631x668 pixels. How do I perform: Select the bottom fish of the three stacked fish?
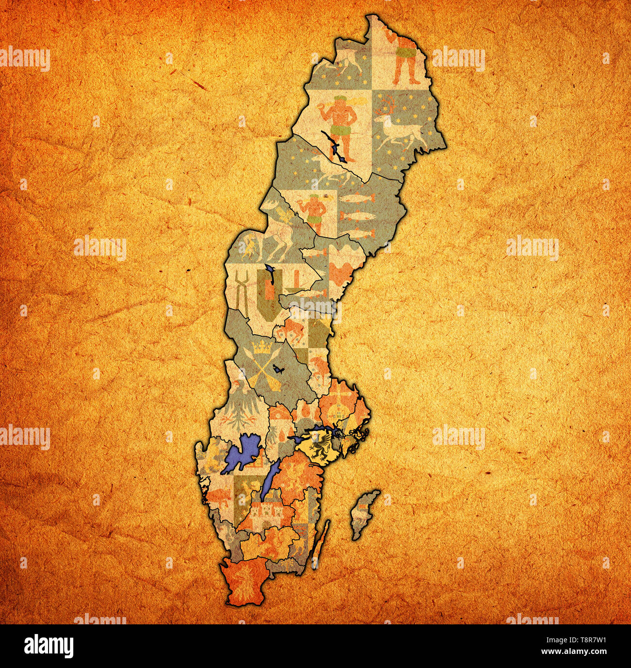[362, 233]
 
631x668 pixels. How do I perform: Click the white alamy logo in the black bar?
[49, 646]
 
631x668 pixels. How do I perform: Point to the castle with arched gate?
[265, 512]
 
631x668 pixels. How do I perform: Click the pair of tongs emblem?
[242, 292]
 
